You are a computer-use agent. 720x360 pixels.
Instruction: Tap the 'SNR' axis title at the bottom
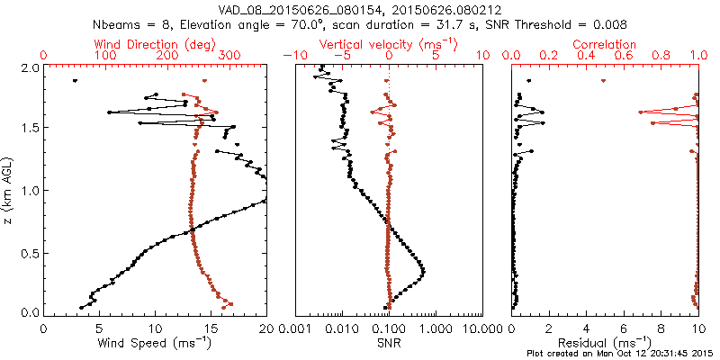[388, 342]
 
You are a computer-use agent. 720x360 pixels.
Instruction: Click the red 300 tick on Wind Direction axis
[229, 56]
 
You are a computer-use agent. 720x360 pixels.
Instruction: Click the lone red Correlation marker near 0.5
[603, 81]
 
